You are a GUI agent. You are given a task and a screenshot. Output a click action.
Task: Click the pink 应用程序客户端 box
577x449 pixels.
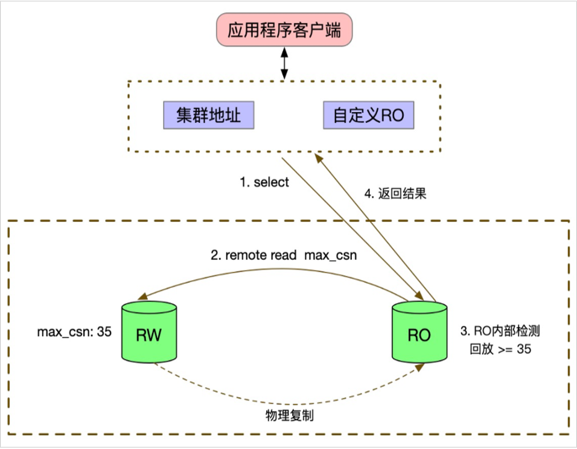click(x=284, y=31)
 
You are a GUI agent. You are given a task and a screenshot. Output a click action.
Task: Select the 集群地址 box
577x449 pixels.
click(x=208, y=115)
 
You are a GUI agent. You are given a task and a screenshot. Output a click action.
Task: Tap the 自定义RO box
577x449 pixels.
click(x=369, y=115)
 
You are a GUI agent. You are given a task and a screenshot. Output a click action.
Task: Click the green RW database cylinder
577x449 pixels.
click(x=149, y=334)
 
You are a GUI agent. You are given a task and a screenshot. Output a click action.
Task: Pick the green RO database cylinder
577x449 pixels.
click(x=419, y=334)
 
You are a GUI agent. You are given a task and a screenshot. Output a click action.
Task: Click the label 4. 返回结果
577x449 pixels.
click(x=397, y=194)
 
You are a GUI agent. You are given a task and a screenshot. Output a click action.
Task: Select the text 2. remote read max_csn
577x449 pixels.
click(x=284, y=255)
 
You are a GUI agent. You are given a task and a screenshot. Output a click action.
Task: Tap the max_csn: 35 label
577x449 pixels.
click(x=74, y=331)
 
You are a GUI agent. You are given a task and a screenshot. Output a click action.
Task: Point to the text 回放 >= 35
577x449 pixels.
click(x=500, y=349)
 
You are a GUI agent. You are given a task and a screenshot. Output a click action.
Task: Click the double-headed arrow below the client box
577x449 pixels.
click(x=284, y=64)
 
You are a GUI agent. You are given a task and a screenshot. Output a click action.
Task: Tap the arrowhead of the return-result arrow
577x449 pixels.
click(x=320, y=158)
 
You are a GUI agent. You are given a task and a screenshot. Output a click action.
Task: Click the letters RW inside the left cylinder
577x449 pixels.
click(x=149, y=336)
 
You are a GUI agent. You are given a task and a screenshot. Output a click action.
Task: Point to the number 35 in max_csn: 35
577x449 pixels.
click(x=104, y=331)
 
